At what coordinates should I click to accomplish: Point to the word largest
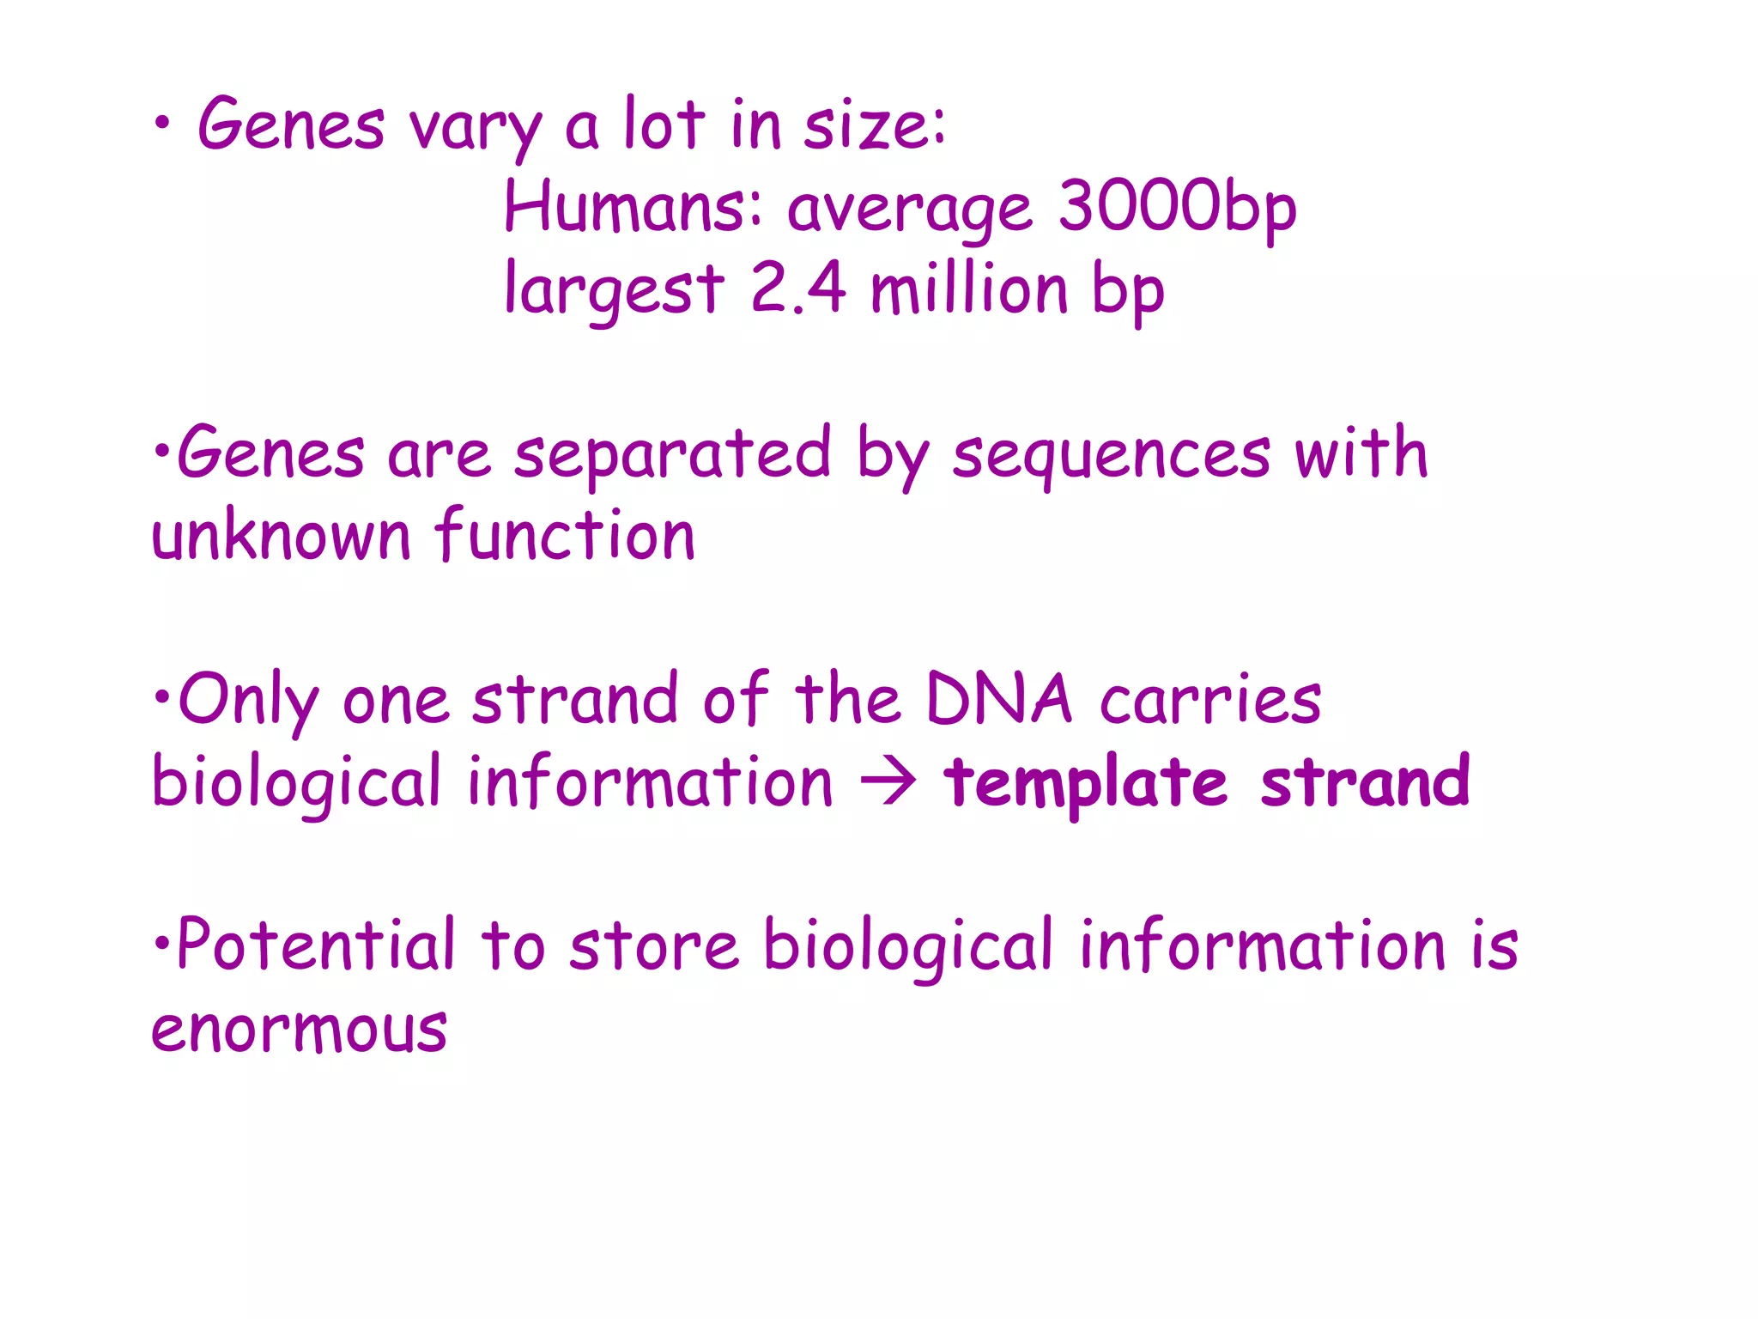614,290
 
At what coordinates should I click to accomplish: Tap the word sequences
1111,455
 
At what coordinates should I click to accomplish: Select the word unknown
281,536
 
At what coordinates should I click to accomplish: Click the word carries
1210,701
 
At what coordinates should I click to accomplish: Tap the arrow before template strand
889,782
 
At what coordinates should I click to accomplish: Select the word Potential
315,945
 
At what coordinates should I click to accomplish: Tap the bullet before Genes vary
161,125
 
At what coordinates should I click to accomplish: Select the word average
909,210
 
